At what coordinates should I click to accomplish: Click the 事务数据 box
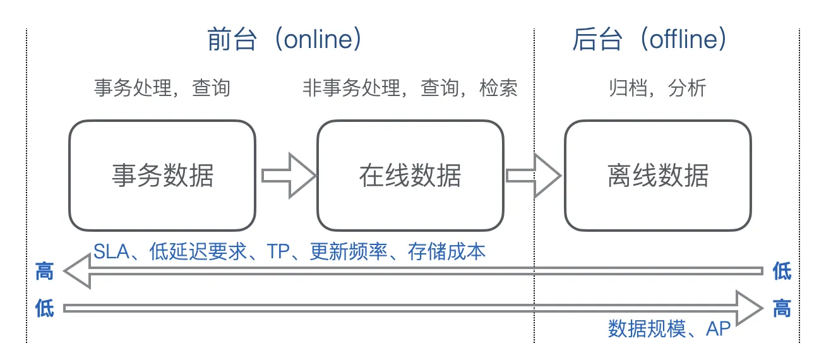[x=162, y=176]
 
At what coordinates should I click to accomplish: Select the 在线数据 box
[x=410, y=176]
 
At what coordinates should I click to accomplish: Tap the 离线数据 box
[x=657, y=176]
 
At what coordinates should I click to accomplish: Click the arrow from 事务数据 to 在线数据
[x=288, y=175]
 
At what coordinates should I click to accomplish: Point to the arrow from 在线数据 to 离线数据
[x=534, y=175]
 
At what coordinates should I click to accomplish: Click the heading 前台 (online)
[x=285, y=40]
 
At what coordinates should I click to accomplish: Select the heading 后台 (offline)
[x=650, y=40]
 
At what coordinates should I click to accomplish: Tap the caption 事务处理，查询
[x=162, y=88]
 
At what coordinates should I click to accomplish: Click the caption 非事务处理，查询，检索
[x=410, y=88]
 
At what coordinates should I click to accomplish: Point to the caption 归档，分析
[x=657, y=88]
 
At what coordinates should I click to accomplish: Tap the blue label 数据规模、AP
[x=669, y=328]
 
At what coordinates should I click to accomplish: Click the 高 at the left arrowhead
[x=44, y=272]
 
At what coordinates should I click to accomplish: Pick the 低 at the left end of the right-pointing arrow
[x=44, y=309]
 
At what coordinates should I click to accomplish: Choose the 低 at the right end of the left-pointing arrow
[x=782, y=272]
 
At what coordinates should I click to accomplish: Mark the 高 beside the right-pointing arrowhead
[x=782, y=309]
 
